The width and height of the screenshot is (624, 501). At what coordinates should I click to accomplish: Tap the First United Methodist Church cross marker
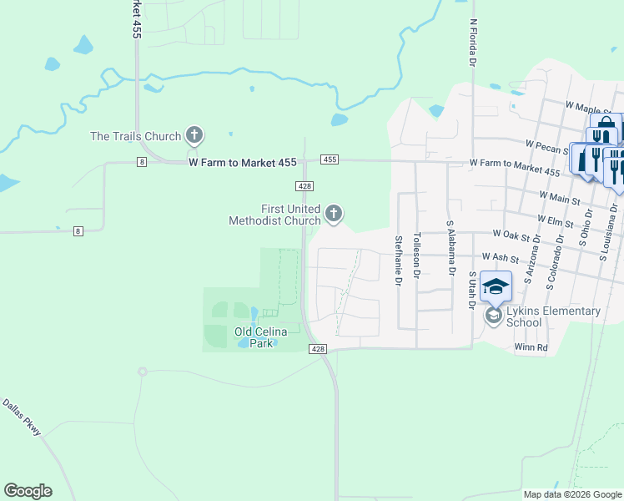pos(334,214)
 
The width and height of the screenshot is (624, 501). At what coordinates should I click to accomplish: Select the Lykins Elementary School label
pos(553,316)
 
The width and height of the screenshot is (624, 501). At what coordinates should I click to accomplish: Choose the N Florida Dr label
pos(472,43)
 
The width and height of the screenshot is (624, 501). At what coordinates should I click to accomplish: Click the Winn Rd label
pos(531,347)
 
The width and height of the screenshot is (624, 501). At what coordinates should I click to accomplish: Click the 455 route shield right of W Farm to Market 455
pos(329,159)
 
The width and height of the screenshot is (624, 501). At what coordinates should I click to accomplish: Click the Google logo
pos(28,491)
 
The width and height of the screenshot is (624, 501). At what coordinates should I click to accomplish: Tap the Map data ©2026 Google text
pos(572,494)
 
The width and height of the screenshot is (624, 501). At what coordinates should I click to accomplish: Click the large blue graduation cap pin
pos(496,286)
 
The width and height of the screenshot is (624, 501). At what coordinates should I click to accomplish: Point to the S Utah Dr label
pos(471,290)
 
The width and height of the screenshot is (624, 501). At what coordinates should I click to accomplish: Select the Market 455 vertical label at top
pos(135,18)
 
